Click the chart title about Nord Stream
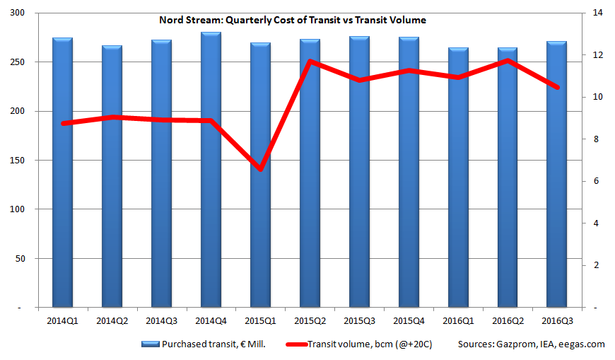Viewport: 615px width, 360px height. (x=292, y=20)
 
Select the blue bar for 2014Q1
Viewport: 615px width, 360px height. (x=62, y=177)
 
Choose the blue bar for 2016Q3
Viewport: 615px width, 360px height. (x=557, y=177)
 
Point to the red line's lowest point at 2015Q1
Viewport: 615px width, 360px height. (x=260, y=170)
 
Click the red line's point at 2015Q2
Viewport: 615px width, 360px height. (x=310, y=62)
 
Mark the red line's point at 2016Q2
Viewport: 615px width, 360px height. (x=508, y=61)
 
